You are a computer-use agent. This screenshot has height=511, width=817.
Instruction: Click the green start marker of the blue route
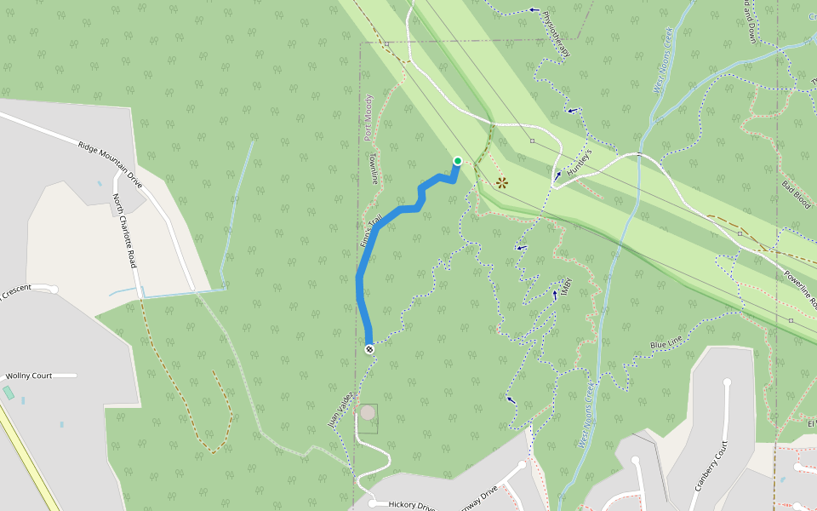coord(457,161)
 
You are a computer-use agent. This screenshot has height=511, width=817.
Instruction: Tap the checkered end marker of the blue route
coord(369,348)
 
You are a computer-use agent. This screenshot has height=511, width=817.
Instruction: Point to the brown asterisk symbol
coord(502,182)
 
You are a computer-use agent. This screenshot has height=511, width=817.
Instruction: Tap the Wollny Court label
coord(30,376)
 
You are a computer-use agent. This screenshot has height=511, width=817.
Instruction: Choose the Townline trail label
coord(371,169)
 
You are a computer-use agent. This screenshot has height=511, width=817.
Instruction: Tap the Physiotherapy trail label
coord(555,33)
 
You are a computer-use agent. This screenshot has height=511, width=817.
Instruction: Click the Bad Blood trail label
coord(796,195)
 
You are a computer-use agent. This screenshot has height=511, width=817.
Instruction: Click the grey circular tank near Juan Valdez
coord(368,413)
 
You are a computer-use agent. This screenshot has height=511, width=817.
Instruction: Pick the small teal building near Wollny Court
coord(9,393)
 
